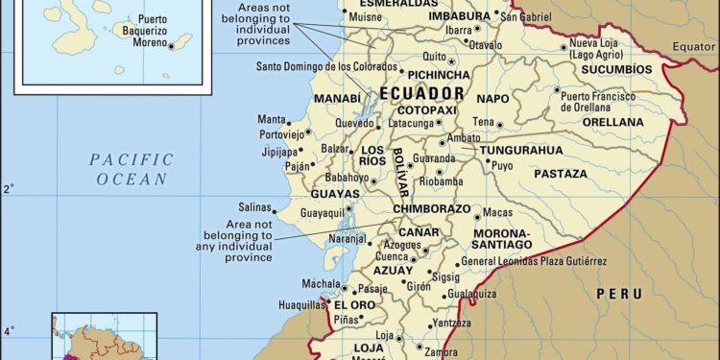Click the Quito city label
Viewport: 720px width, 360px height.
tap(435, 56)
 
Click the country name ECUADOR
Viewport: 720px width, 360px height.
tap(422, 94)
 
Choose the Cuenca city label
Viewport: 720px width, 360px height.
tap(389, 257)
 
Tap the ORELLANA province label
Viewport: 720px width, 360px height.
tap(612, 122)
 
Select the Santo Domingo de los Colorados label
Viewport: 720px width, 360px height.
tap(325, 66)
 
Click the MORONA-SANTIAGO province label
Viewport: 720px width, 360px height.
tap(502, 240)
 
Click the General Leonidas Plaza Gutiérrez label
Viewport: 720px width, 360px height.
tap(534, 260)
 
